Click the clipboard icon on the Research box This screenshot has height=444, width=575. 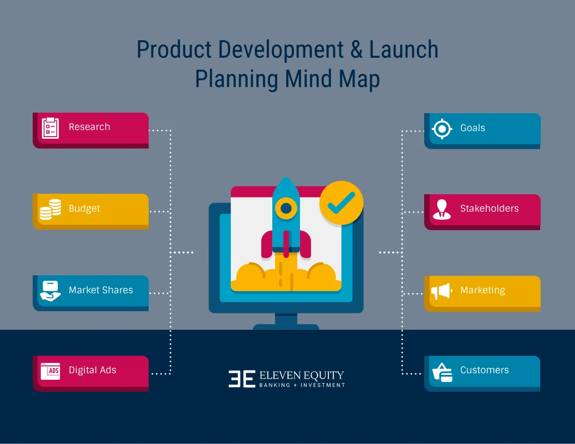point(50,128)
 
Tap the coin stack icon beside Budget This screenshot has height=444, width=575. point(50,209)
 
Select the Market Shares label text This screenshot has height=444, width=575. point(101,290)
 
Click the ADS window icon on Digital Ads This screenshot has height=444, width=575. point(50,371)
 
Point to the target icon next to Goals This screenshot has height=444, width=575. point(442,129)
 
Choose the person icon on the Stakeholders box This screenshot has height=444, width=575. point(442,209)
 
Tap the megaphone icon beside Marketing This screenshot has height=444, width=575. point(442,292)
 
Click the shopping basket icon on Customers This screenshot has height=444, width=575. point(442,372)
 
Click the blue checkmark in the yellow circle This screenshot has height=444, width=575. point(341,202)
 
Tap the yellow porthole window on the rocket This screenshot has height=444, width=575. point(286,207)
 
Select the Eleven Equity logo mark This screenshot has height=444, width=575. point(242,379)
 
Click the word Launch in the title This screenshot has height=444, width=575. point(403,50)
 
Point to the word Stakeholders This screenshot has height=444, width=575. point(489,208)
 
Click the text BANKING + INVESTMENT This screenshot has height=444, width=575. point(302,385)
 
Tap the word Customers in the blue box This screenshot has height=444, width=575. point(484,370)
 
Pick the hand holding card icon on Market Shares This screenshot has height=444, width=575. point(50,291)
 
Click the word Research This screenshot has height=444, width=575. point(89,127)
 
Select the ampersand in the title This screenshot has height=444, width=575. point(354,50)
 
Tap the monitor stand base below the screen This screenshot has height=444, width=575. point(286,326)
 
